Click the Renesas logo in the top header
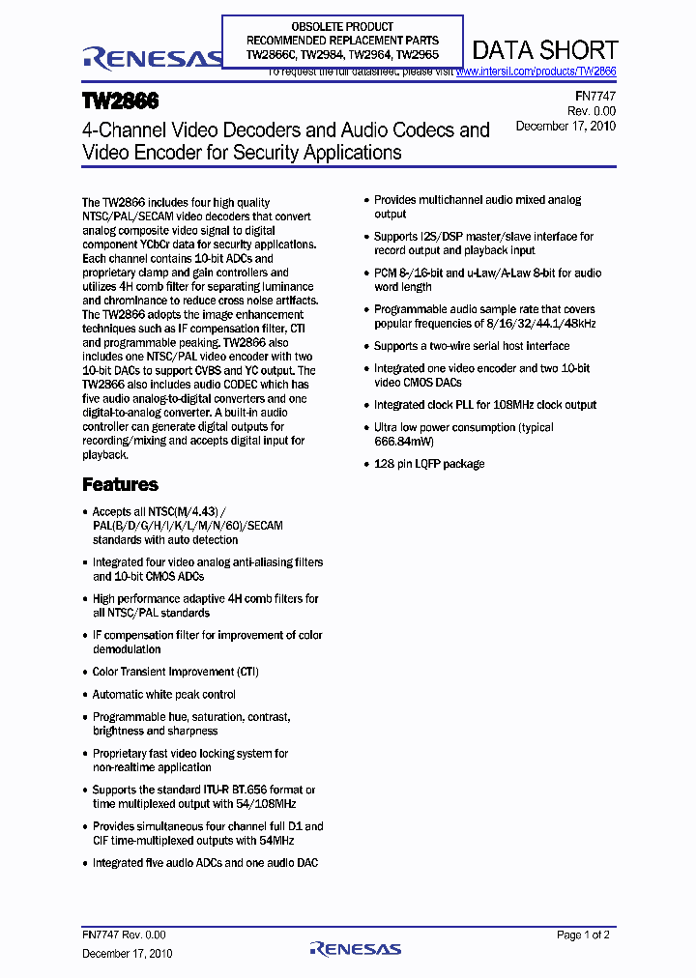pos(153,60)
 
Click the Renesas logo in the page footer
pos(355,950)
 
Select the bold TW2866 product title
pos(121,101)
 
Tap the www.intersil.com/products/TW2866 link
pos(536,72)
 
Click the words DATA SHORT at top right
pos(545,50)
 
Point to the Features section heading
pos(120,484)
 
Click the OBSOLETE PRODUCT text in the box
pos(342,26)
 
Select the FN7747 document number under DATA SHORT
pos(596,97)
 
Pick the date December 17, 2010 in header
pos(565,126)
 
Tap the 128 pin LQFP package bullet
pos(429,464)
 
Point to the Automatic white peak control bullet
pos(163,694)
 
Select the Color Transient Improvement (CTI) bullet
pos(175,672)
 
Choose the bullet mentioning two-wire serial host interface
pos(472,346)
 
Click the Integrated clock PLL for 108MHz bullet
pos(485,405)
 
